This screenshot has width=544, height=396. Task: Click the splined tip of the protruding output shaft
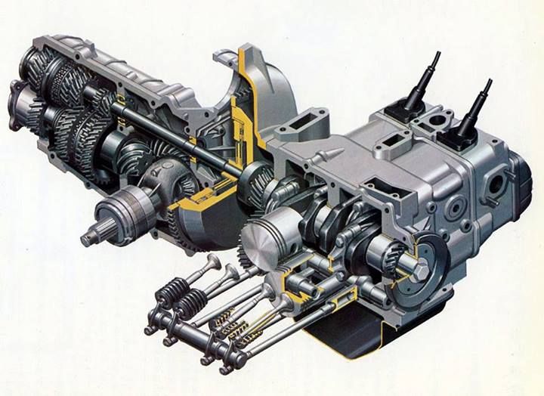90,237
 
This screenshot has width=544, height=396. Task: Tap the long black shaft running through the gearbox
174,136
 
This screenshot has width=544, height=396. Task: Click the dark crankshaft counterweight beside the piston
318,227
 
